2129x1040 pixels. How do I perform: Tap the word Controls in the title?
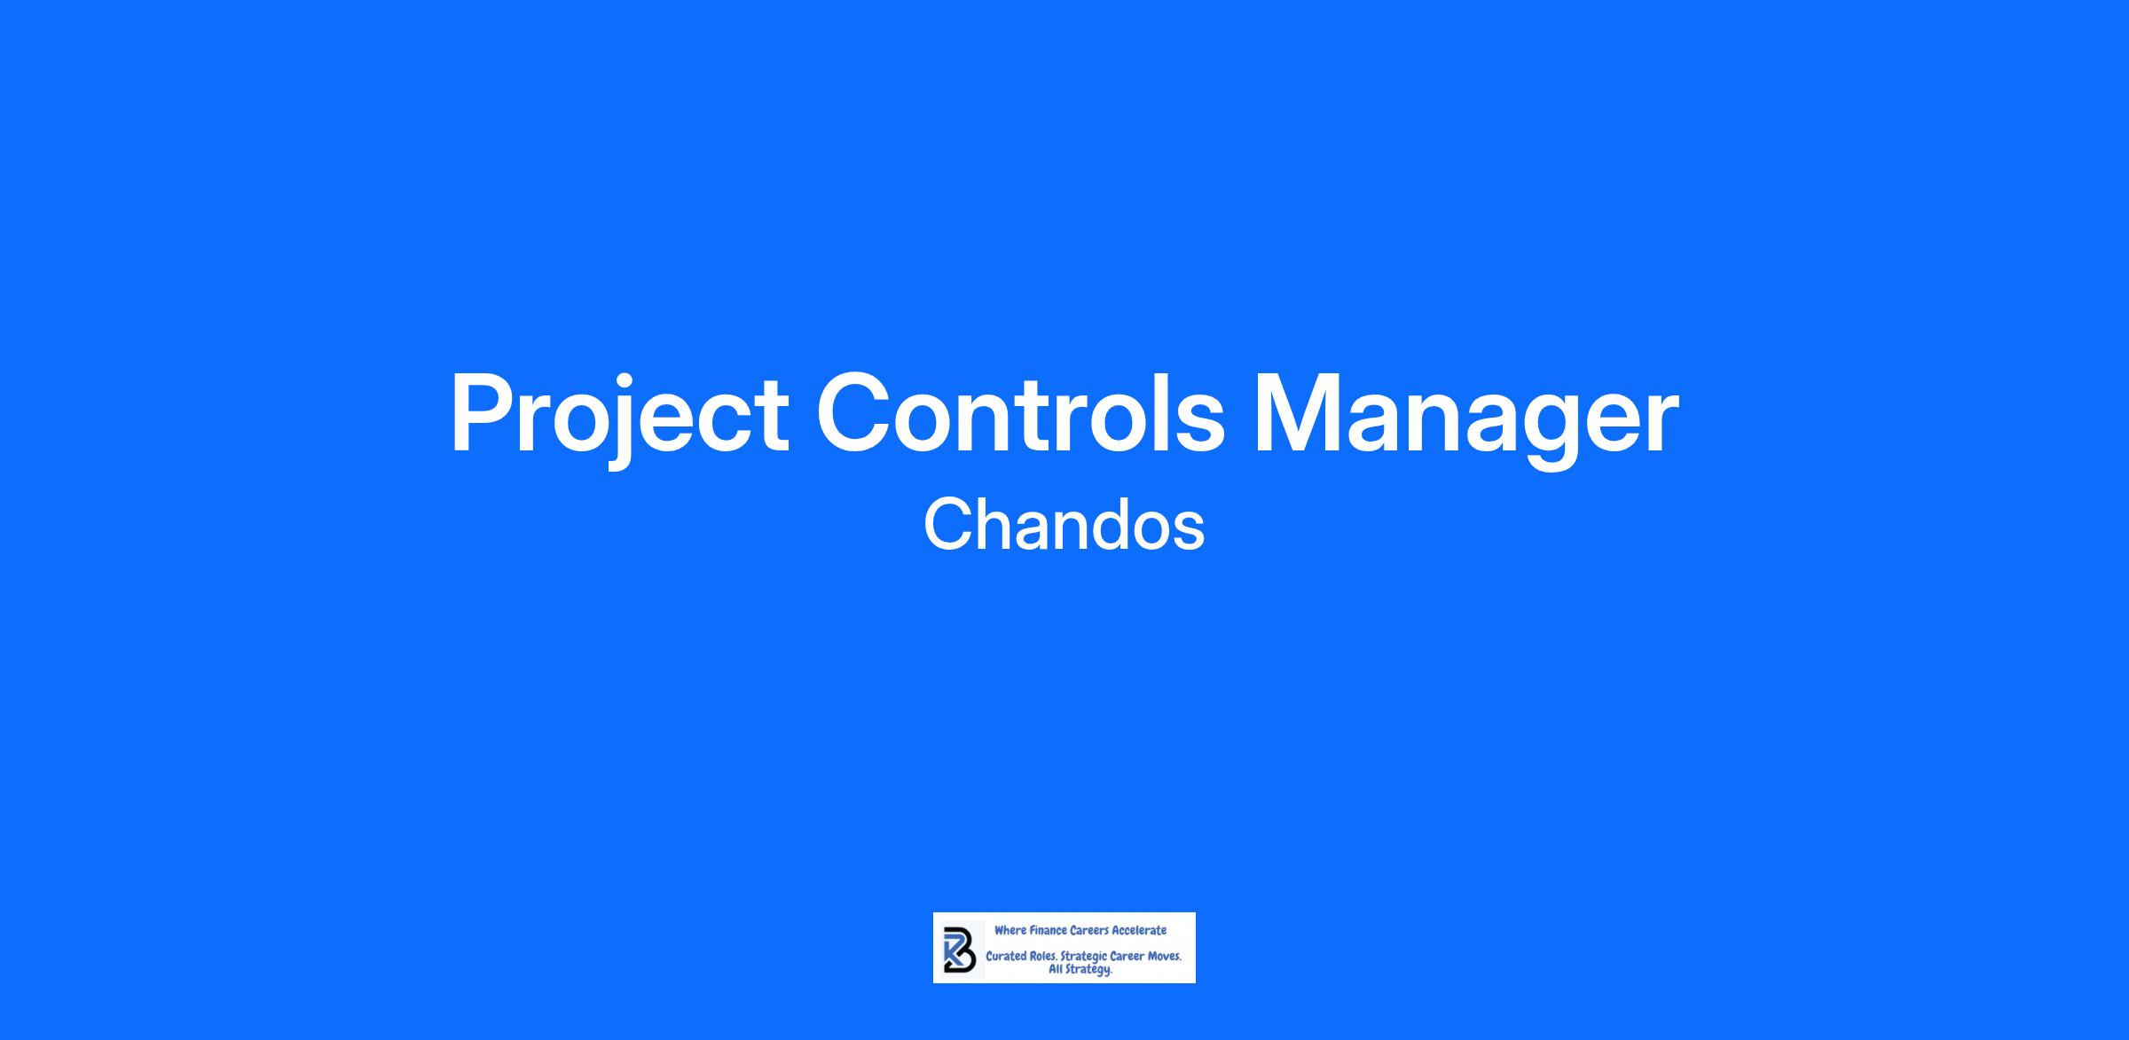tap(1020, 412)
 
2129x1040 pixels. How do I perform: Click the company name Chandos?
tap(1064, 525)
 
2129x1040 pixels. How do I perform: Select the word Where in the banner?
tap(1010, 930)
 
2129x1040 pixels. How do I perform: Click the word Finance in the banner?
tap(1049, 930)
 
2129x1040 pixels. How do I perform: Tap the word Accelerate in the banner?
tap(1140, 930)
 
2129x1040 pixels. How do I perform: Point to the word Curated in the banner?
tap(1006, 957)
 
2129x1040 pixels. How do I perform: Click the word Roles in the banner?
tap(1043, 957)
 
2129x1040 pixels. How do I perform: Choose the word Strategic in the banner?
tap(1084, 958)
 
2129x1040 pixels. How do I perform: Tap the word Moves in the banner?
tap(1164, 957)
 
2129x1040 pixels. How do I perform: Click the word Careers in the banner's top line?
tap(1090, 930)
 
